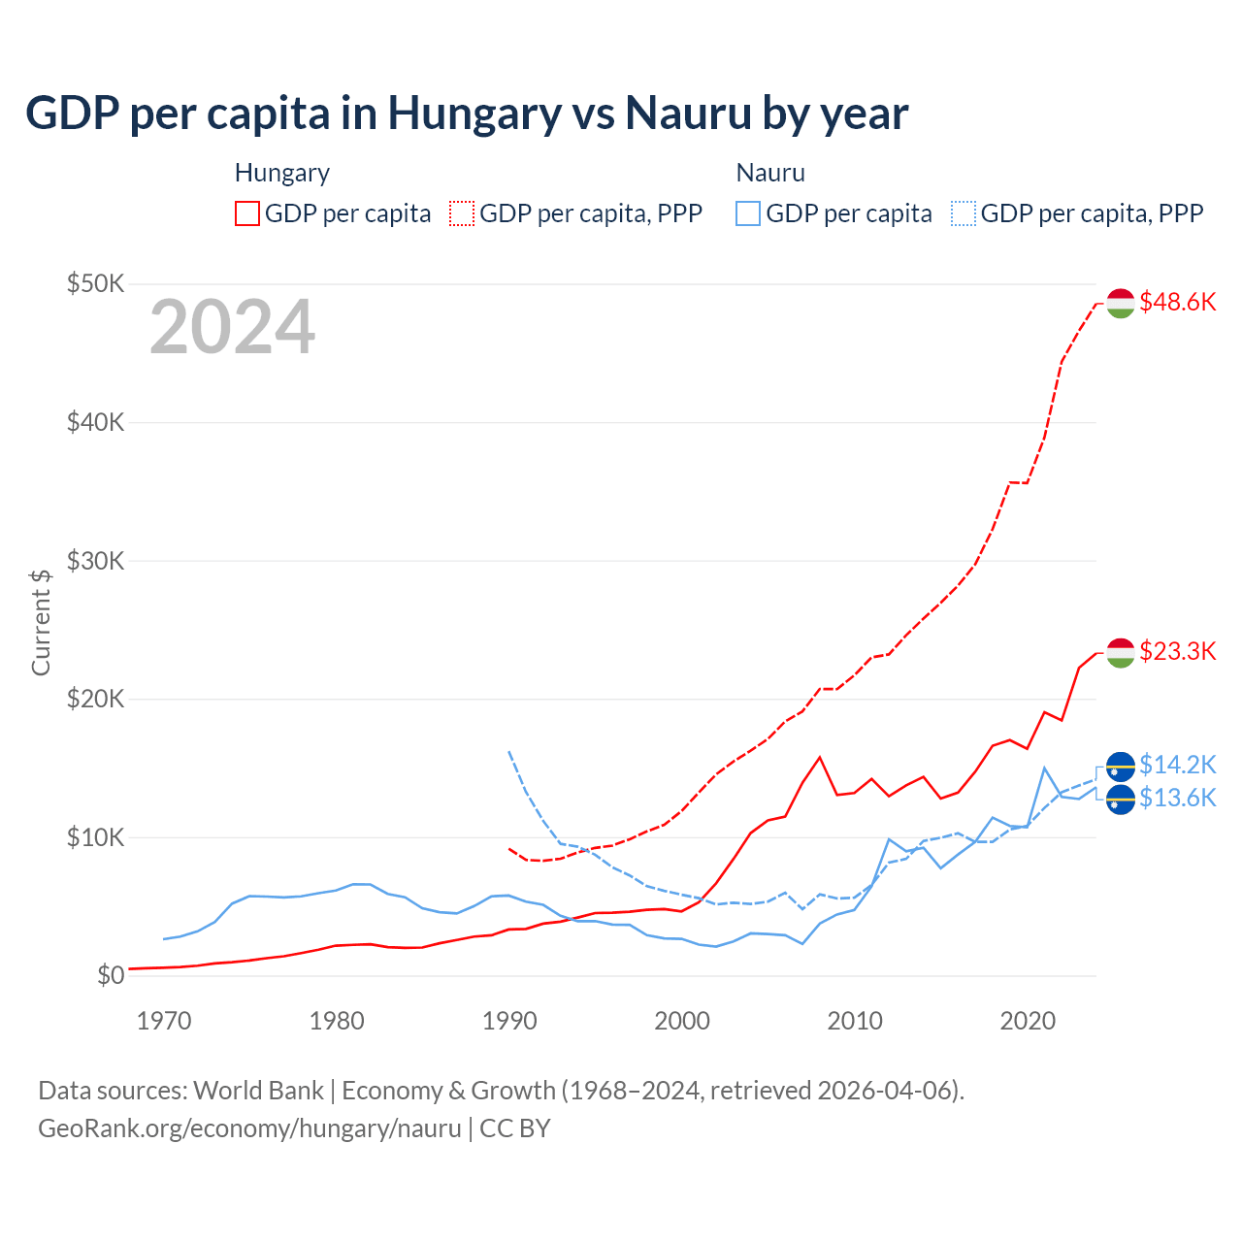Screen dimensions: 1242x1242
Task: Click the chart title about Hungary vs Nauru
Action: pos(467,114)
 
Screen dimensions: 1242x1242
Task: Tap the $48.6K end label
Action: pos(1177,303)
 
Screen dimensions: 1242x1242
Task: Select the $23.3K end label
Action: pos(1177,651)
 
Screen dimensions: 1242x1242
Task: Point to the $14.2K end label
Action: pos(1177,765)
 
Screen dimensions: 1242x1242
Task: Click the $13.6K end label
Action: pos(1177,798)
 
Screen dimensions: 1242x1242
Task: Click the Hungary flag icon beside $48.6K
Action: pos(1121,303)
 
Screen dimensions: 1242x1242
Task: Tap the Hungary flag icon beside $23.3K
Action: pos(1121,653)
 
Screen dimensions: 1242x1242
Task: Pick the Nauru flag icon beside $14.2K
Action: pos(1121,767)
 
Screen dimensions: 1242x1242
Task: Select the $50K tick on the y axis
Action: pos(95,284)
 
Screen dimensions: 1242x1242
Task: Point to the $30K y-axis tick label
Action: pos(95,561)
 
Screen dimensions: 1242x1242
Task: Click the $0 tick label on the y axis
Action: pos(111,975)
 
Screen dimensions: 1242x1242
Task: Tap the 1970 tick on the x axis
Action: pos(164,1021)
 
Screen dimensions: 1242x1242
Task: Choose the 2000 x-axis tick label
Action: pos(682,1021)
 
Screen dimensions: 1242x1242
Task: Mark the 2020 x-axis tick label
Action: pos(1028,1021)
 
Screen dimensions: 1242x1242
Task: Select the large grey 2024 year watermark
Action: pos(232,327)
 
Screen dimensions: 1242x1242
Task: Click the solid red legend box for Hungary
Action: pos(247,213)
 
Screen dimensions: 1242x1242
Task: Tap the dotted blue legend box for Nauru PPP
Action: pos(964,213)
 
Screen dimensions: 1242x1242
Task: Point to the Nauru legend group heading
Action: pos(770,173)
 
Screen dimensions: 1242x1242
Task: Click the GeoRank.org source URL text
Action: pos(249,1128)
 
